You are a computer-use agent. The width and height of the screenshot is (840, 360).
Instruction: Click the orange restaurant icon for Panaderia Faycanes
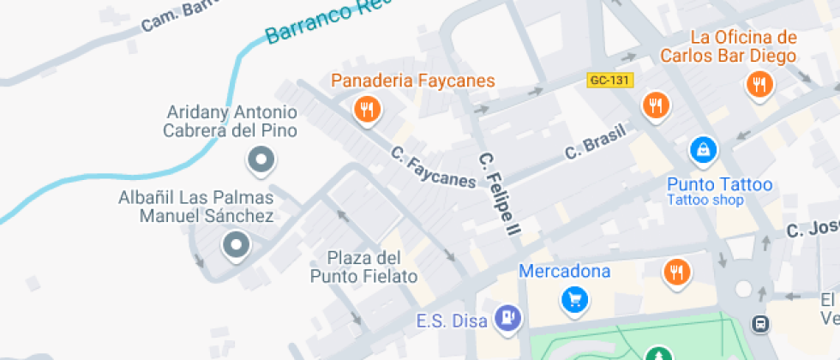point(367,108)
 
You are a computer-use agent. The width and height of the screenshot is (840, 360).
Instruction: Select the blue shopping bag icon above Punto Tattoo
point(703,150)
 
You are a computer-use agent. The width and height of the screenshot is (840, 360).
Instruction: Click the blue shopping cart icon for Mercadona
point(573,298)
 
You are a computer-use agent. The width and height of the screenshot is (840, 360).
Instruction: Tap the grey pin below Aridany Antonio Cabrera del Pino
point(261,159)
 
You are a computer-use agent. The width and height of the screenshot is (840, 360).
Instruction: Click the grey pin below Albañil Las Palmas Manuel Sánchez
point(235,246)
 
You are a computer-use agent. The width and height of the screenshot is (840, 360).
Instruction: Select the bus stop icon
point(760,323)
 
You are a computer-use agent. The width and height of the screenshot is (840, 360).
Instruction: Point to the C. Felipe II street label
point(500,195)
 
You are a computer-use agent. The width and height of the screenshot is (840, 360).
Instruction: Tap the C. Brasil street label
point(596,141)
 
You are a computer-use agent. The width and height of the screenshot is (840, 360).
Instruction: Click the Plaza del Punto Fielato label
point(363,267)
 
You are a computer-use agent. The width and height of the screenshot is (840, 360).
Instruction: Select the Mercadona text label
point(565,272)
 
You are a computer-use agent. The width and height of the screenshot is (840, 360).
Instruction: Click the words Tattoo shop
point(705,201)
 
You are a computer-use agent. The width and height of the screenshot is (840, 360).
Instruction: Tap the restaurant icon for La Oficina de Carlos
point(759,84)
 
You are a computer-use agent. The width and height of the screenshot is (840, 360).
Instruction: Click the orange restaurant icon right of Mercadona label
point(677,273)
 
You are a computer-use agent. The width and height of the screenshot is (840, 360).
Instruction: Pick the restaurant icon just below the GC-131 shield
point(656,105)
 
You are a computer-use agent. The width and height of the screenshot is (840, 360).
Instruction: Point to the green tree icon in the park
point(658,354)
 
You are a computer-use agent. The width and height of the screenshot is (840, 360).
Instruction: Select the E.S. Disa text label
point(452,321)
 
